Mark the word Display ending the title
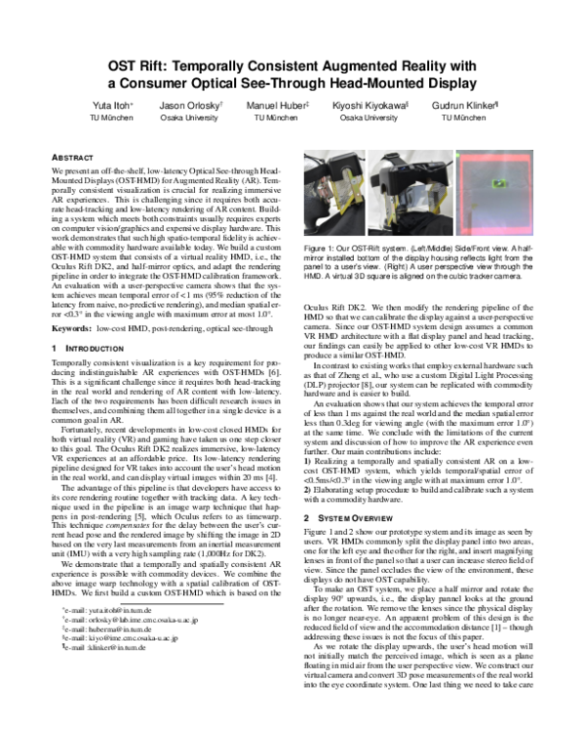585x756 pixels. coord(450,84)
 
